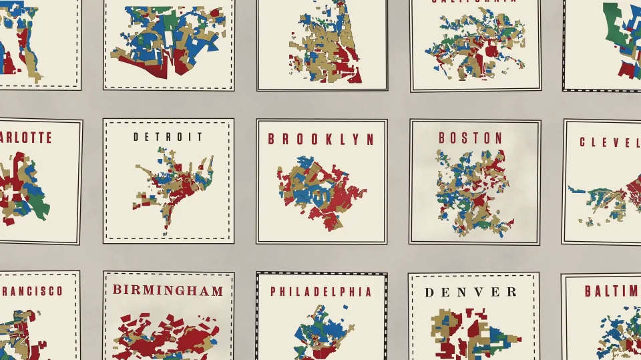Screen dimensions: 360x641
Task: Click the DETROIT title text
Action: (168, 137)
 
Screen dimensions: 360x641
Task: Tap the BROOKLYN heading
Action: (321, 139)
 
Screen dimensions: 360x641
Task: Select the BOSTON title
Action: (470, 138)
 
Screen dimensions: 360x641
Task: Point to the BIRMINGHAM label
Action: (168, 290)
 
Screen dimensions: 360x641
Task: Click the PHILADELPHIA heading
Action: (320, 292)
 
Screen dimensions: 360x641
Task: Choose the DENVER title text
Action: (470, 292)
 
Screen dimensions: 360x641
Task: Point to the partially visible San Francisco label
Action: (31, 291)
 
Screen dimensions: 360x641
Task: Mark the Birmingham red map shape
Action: (168, 334)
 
